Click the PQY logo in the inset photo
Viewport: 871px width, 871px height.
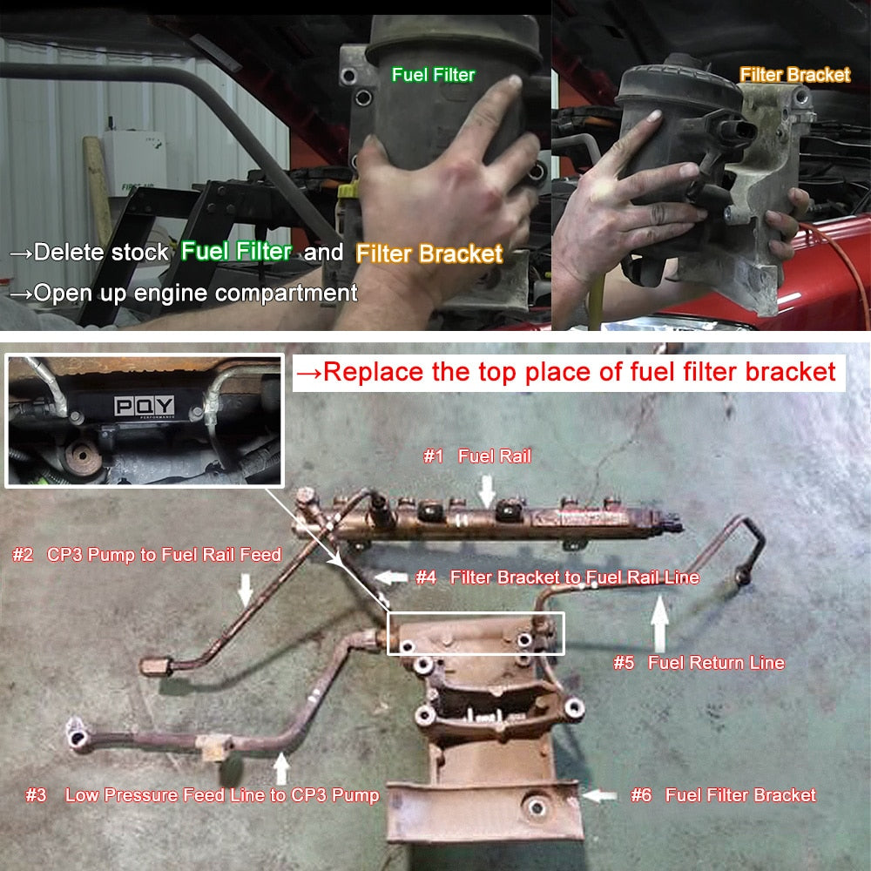pyautogui.click(x=144, y=406)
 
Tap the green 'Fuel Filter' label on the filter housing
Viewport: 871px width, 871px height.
pyautogui.click(x=433, y=74)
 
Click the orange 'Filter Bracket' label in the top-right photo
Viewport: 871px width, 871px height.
pyautogui.click(x=795, y=74)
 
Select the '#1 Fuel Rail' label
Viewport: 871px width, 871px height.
pyautogui.click(x=477, y=456)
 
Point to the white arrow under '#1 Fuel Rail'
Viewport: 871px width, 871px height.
pyautogui.click(x=487, y=491)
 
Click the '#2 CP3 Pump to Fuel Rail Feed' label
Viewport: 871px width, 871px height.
pyautogui.click(x=147, y=554)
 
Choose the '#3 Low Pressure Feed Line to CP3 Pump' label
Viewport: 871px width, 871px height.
pyautogui.click(x=203, y=795)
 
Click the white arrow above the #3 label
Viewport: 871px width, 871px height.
pyautogui.click(x=281, y=768)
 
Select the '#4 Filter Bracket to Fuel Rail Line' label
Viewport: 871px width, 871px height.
pyautogui.click(x=557, y=577)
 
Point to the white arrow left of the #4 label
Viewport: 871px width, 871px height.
pyautogui.click(x=392, y=577)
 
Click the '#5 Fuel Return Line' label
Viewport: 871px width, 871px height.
pyautogui.click(x=699, y=662)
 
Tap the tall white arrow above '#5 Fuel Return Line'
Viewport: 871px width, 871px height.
pyautogui.click(x=659, y=623)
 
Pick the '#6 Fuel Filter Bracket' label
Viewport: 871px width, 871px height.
pyautogui.click(x=723, y=795)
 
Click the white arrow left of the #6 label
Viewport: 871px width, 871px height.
pyautogui.click(x=600, y=795)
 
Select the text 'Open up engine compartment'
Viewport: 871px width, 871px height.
pyautogui.click(x=195, y=293)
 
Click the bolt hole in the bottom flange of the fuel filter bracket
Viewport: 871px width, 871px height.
pyautogui.click(x=537, y=807)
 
